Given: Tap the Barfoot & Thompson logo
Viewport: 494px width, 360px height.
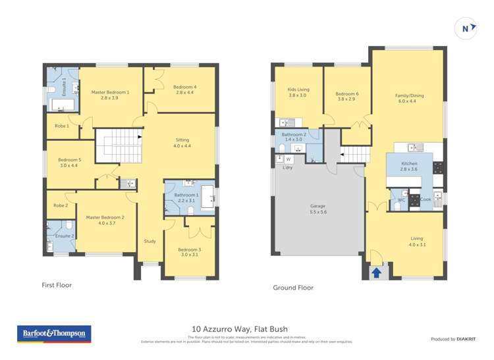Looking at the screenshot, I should [x=54, y=334].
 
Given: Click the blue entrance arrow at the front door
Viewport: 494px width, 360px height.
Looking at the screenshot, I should [x=376, y=272].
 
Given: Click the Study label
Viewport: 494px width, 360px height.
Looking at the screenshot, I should [x=150, y=241].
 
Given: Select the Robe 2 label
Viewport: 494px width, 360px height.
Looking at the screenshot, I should [x=61, y=205].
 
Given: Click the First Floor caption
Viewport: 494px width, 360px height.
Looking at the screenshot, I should [x=56, y=286].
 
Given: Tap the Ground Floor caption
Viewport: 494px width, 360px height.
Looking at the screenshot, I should [x=293, y=288].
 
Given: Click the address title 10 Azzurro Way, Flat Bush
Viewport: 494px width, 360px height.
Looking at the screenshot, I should [x=240, y=329].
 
